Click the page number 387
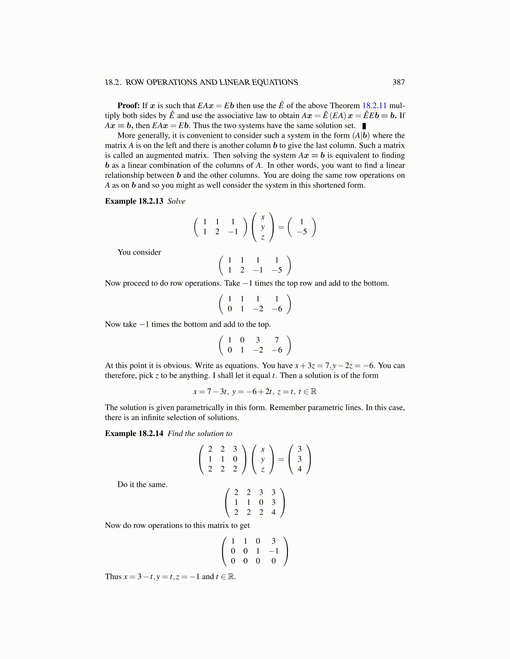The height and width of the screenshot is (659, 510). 398,82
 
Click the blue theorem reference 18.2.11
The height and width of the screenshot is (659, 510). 374,106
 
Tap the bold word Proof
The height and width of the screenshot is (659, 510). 128,106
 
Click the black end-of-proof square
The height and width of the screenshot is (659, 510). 364,126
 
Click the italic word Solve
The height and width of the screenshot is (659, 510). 176,201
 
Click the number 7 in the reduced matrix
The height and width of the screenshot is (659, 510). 277,340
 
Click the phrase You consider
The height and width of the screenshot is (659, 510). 139,252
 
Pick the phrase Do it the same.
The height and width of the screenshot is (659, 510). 142,485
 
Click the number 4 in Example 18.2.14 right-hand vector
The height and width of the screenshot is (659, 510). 300,469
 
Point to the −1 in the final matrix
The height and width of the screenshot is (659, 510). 273,551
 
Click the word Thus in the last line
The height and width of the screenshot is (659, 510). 113,577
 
